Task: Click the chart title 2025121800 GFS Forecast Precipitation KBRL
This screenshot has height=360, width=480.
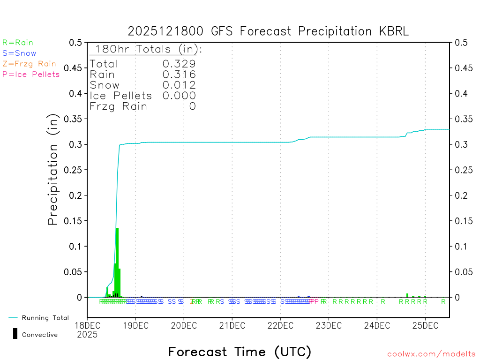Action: point(268,31)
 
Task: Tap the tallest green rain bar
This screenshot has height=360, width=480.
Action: point(117,262)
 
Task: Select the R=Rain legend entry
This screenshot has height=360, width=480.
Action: point(18,43)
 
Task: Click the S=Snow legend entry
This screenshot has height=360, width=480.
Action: point(19,53)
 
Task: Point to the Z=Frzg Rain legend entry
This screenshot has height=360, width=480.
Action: point(29,64)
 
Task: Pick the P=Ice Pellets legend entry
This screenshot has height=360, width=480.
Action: point(31,74)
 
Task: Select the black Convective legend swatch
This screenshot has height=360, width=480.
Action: point(15,334)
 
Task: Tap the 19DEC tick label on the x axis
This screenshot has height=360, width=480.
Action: point(135,325)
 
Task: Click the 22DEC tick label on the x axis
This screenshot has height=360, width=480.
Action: point(280,325)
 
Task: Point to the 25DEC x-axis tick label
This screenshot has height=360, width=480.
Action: point(425,325)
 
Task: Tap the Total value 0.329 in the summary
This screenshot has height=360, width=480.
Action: point(179,64)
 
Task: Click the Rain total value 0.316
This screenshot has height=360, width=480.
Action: point(179,75)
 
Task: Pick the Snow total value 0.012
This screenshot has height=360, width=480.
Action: point(179,85)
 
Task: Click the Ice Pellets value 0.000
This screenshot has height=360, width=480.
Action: point(179,96)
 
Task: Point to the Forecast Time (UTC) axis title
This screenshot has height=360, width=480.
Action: point(240,352)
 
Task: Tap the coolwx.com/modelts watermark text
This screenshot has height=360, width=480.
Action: point(431,354)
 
